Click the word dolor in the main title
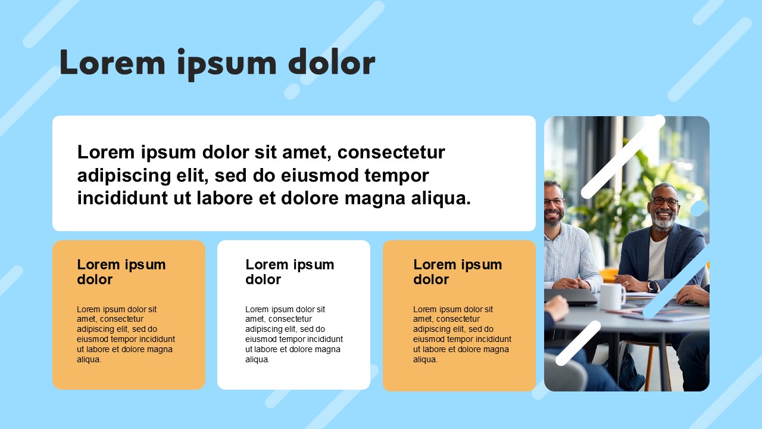pyautogui.click(x=332, y=62)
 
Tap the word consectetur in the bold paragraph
pyautogui.click(x=391, y=153)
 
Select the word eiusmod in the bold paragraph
pyautogui.click(x=320, y=176)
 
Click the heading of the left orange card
pyautogui.click(x=121, y=272)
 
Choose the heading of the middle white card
pyautogui.click(x=290, y=272)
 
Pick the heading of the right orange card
pyautogui.click(x=458, y=272)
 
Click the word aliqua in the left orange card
pyautogui.click(x=89, y=359)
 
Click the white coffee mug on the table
pyautogui.click(x=613, y=297)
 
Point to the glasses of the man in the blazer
pyautogui.click(x=664, y=201)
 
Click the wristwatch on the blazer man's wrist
pyautogui.click(x=653, y=286)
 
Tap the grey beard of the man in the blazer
pyautogui.click(x=663, y=221)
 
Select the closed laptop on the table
pyautogui.click(x=571, y=297)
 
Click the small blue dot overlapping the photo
pyautogui.click(x=698, y=209)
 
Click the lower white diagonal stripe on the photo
pyautogui.click(x=578, y=343)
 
